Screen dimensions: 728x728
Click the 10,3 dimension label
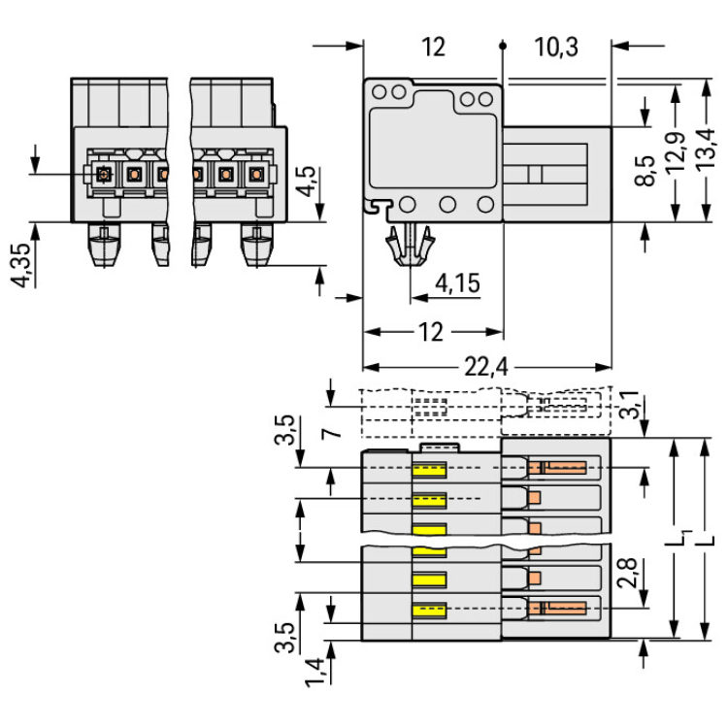click(555, 47)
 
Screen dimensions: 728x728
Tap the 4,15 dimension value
click(457, 283)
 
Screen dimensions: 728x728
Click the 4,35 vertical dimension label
click(19, 263)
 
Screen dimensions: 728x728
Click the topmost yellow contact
click(428, 471)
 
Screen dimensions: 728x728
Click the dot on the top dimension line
click(503, 45)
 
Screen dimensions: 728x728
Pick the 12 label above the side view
click(433, 47)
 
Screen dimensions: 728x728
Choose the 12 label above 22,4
click(431, 333)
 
